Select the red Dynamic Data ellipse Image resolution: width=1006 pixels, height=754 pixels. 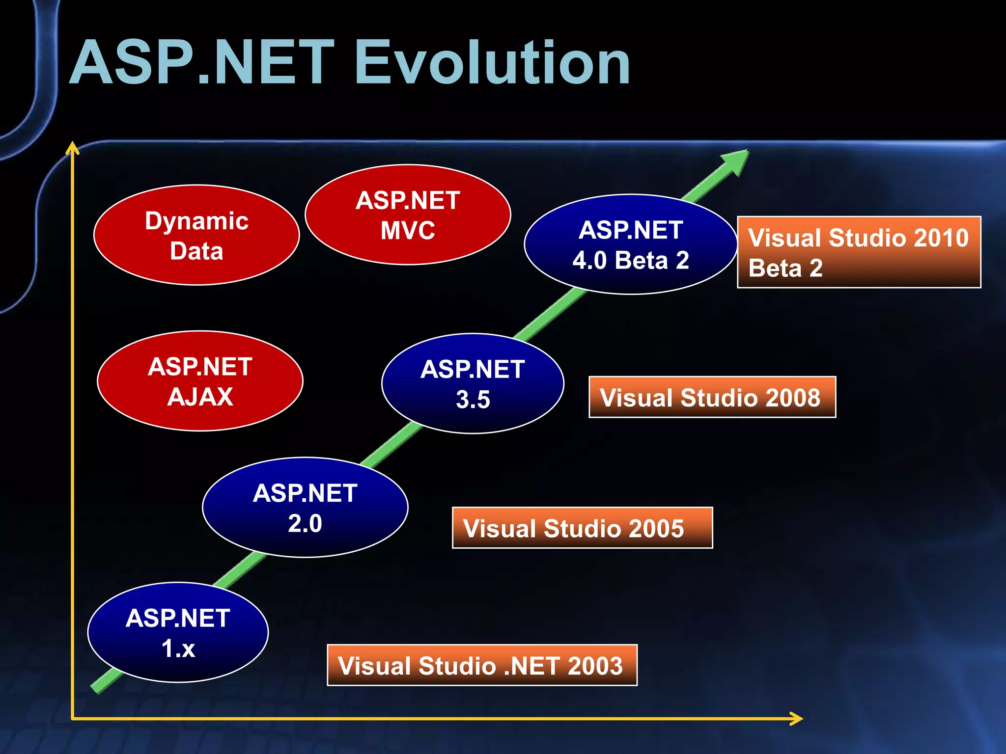pyautogui.click(x=196, y=235)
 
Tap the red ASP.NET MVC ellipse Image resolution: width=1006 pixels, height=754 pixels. pyautogui.click(x=408, y=215)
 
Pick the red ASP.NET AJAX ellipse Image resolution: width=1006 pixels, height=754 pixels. pyautogui.click(x=200, y=381)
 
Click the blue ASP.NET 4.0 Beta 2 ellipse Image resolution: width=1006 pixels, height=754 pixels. pyautogui.click(x=631, y=244)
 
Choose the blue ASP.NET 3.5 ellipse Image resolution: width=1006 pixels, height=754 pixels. pyautogui.click(x=473, y=383)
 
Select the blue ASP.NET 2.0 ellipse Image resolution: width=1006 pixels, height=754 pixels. pyautogui.click(x=305, y=507)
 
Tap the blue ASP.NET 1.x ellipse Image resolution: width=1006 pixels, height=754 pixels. pyautogui.click(x=178, y=632)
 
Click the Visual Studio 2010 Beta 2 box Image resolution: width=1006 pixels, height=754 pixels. pyautogui.click(x=859, y=252)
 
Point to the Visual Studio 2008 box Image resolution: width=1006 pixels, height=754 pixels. pyautogui.click(x=712, y=397)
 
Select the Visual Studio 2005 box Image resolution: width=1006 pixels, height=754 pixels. pyautogui.click(x=582, y=528)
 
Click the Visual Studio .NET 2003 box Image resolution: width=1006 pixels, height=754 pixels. pyautogui.click(x=482, y=665)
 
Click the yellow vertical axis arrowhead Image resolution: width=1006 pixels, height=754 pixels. pyautogui.click(x=73, y=148)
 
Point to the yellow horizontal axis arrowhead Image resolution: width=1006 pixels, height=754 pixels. pyautogui.click(x=796, y=719)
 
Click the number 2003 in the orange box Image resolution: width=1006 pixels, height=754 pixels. pyautogui.click(x=595, y=666)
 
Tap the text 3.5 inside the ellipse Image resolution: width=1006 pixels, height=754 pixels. pyautogui.click(x=473, y=400)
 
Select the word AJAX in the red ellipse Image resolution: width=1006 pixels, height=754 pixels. pyautogui.click(x=200, y=397)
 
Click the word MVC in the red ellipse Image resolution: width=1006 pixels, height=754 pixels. pyautogui.click(x=408, y=230)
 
